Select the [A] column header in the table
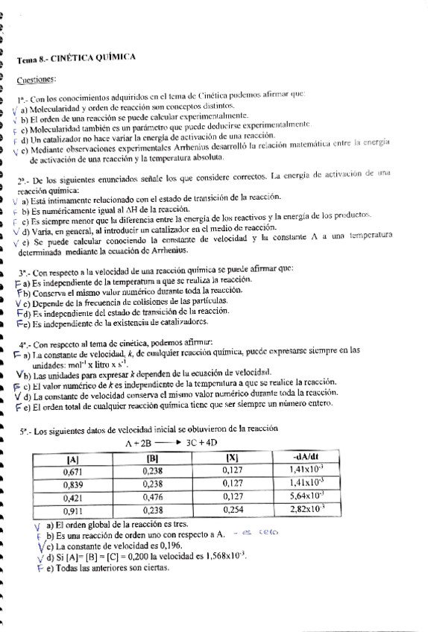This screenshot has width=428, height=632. (73, 458)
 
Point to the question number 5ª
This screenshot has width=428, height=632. (23, 431)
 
